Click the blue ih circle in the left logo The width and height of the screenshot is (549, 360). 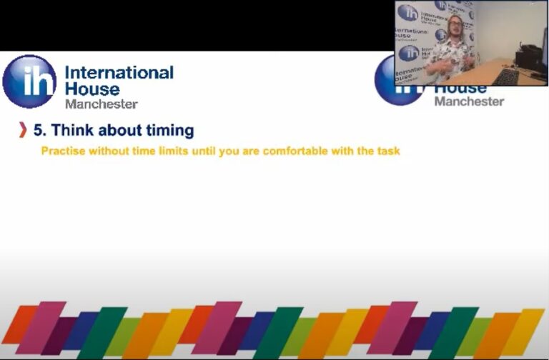pos(29,81)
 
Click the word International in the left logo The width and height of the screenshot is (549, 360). pos(119,73)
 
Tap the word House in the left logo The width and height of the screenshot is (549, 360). pos(92,89)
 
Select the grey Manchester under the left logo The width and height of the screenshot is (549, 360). pos(101,104)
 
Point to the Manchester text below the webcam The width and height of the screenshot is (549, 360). pos(469,101)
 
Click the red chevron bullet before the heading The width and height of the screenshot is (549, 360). pos(24,130)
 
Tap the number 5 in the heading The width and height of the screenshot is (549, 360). pos(40,130)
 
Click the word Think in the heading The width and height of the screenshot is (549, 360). pos(74,130)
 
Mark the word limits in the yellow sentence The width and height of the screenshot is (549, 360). pos(172,151)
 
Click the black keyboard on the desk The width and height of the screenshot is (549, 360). pos(507,76)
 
